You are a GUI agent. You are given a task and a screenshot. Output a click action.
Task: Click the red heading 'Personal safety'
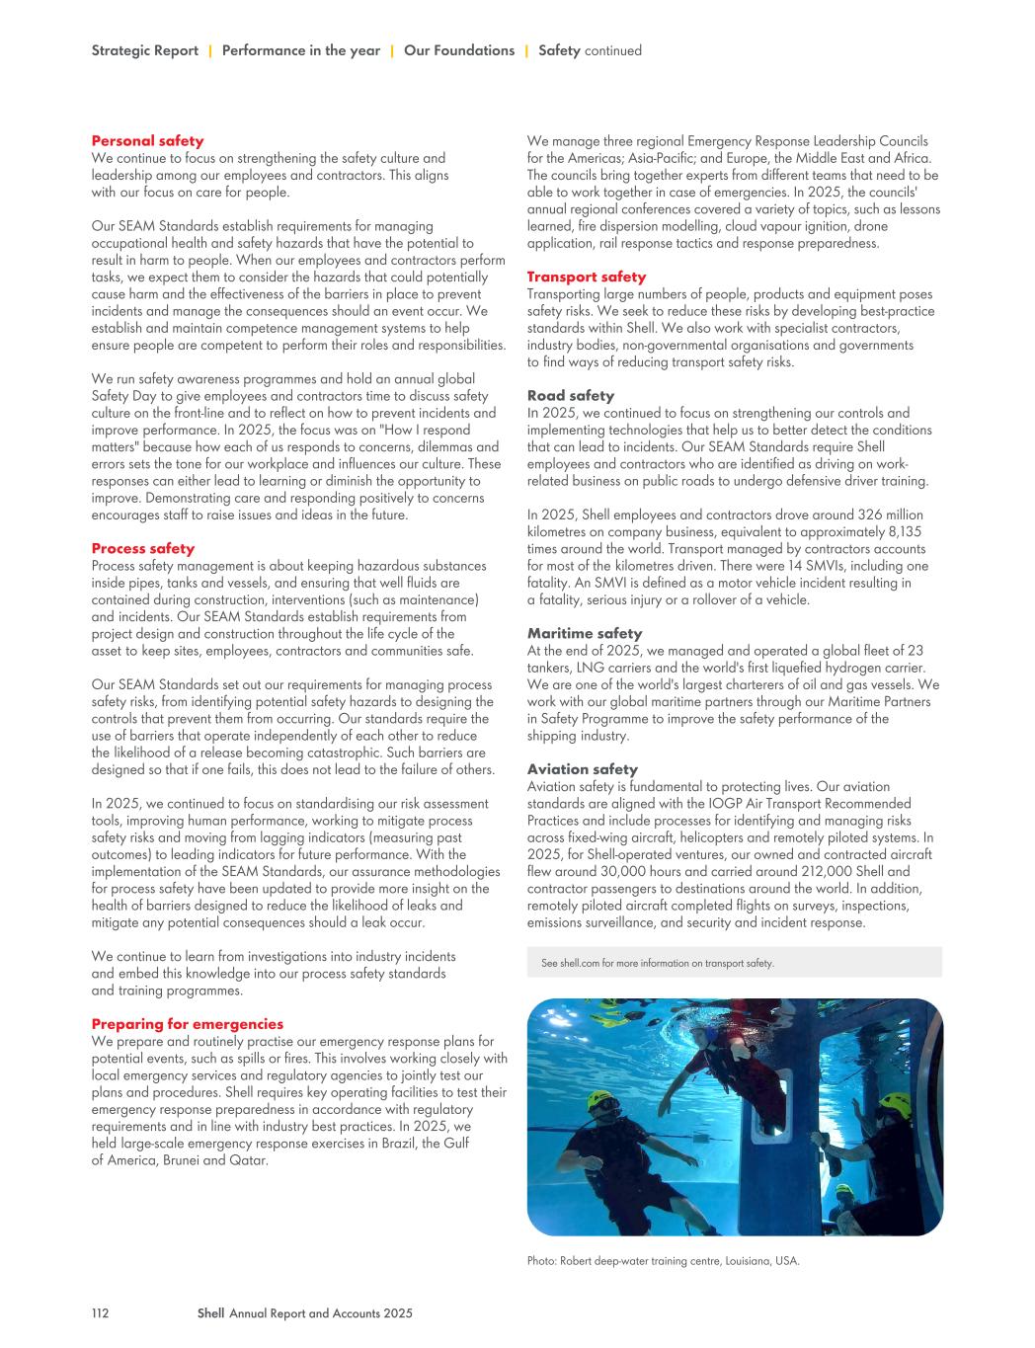147,141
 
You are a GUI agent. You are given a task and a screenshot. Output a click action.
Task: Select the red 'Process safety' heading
142,548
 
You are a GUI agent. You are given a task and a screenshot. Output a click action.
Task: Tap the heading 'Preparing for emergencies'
187,1024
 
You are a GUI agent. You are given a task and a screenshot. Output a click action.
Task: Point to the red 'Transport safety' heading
586,277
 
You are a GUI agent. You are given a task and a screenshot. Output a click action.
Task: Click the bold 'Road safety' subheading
570,396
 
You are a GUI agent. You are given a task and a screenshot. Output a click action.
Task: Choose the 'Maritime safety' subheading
584,633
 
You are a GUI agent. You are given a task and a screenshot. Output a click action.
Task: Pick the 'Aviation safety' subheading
582,769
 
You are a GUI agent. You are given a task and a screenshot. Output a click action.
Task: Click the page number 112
100,1313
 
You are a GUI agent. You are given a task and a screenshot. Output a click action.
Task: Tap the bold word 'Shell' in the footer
210,1313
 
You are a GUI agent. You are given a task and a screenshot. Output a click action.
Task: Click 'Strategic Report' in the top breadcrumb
144,50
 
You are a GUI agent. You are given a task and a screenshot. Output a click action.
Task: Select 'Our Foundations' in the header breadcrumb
458,50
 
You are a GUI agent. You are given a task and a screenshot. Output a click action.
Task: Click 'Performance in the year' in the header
300,50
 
